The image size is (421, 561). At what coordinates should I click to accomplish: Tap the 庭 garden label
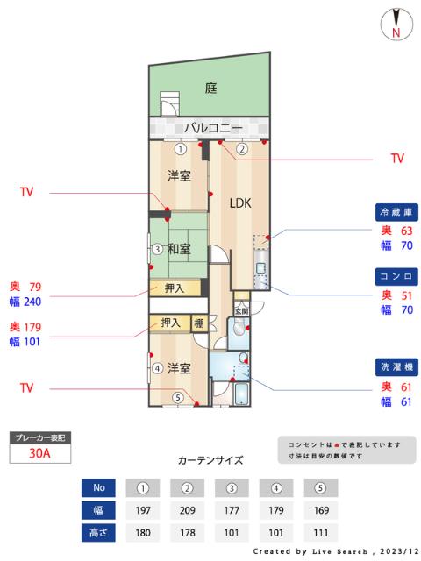coord(210,89)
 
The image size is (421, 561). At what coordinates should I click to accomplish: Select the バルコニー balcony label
coord(207,129)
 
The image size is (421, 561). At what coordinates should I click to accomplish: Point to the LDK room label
coord(240,202)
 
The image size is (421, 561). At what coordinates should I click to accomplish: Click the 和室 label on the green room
coord(180,249)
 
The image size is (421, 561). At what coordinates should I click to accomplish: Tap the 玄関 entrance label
coord(240,310)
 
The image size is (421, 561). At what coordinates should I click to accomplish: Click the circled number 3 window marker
coord(156,249)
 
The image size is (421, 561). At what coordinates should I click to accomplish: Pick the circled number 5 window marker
coord(178,396)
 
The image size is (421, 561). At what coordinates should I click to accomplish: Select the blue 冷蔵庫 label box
coord(396,213)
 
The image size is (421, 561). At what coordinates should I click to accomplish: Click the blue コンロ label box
coord(396,276)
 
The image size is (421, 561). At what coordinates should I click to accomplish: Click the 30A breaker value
coord(39,453)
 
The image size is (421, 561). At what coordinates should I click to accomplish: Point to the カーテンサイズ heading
coord(210,459)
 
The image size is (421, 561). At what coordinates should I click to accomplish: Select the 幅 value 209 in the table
coord(186,510)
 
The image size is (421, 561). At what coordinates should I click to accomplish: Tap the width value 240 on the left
coord(32,302)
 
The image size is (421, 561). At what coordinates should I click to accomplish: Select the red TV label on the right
coord(397,159)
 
